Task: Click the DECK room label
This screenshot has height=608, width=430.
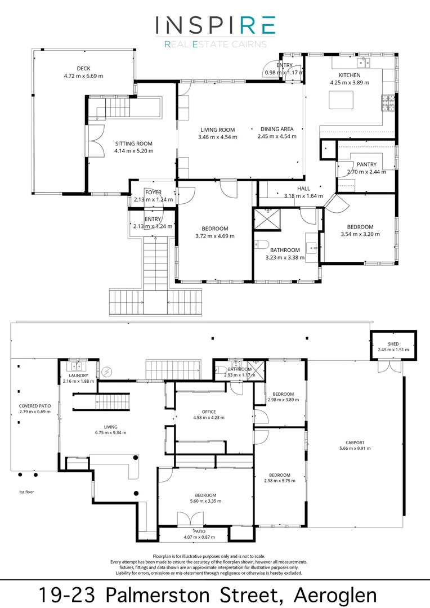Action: pos(83,68)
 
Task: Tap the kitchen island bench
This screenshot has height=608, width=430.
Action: pos(341,100)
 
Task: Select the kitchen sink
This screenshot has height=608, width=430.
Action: pos(364,62)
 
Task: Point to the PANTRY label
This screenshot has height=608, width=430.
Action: pos(366,164)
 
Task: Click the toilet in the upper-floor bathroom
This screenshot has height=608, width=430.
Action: pos(262,244)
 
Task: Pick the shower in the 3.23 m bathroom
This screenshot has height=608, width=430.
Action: pos(267,220)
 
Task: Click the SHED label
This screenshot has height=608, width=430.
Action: pos(393,344)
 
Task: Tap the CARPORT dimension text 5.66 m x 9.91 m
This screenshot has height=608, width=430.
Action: pos(355,448)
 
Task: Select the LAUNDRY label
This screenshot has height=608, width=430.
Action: pos(78,375)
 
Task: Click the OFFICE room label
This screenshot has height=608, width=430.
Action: pos(209,412)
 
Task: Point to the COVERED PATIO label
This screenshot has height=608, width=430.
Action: pos(35,406)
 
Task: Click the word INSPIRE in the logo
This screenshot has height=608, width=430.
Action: pos(216,25)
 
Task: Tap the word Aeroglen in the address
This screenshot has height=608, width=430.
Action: pos(335,595)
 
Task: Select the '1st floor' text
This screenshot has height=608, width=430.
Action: pos(26,492)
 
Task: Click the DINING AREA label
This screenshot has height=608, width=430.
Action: pos(277,129)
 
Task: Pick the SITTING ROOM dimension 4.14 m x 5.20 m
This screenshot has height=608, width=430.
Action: pos(134,151)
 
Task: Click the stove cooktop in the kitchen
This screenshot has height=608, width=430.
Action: pos(388,103)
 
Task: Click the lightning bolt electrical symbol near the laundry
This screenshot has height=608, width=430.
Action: pos(106,373)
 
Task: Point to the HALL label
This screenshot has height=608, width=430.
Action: pos(303,189)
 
